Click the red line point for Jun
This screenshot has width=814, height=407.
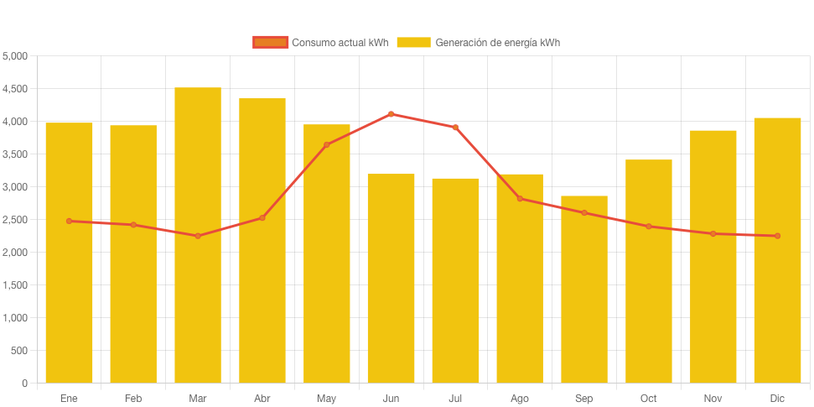(x=391, y=114)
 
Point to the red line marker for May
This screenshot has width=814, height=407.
(x=326, y=145)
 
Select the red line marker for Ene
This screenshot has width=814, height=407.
(x=69, y=221)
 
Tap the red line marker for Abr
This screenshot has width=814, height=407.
(x=262, y=218)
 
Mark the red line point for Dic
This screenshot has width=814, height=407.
(x=777, y=236)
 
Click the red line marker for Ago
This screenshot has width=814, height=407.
(x=520, y=199)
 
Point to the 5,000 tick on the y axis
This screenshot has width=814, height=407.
(x=15, y=56)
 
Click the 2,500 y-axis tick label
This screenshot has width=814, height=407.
(x=15, y=220)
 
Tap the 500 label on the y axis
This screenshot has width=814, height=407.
(x=19, y=351)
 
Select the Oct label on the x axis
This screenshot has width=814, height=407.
(x=648, y=399)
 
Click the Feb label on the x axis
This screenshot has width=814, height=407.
(x=133, y=399)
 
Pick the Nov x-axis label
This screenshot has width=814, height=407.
(x=713, y=399)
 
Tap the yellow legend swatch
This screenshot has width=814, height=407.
(x=413, y=42)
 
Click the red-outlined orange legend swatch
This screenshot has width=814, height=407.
(x=270, y=42)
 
